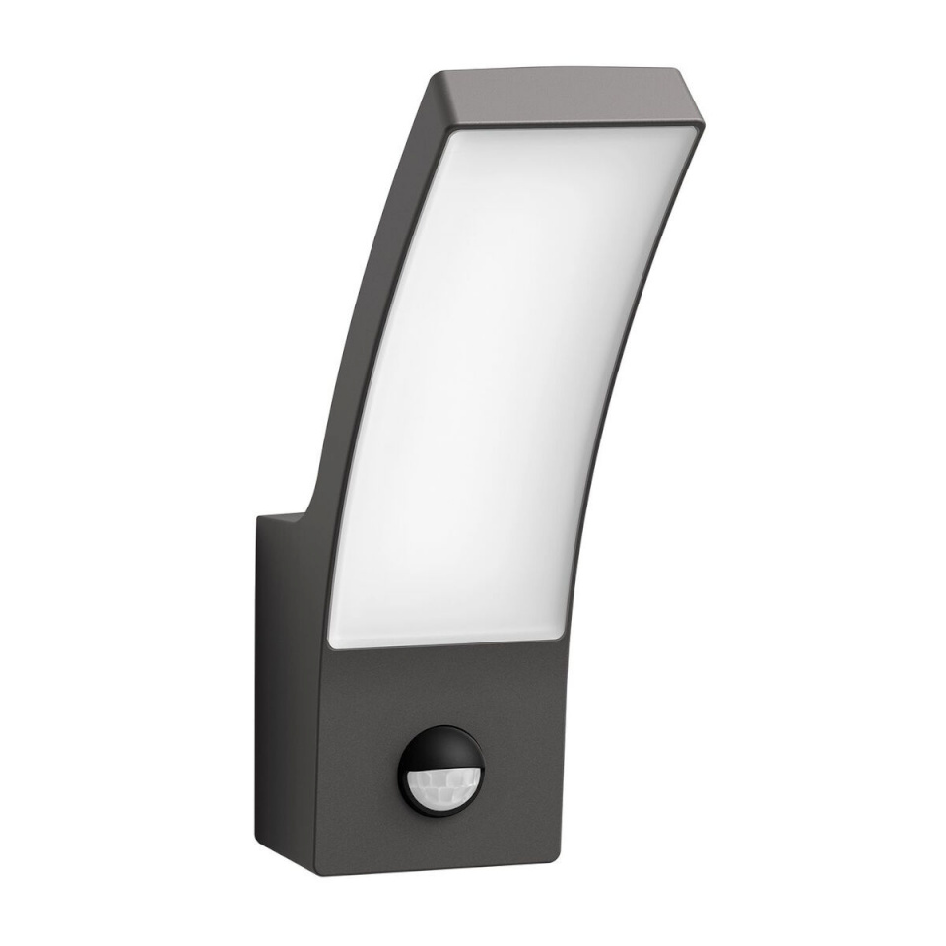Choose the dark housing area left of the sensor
(x=360, y=778)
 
